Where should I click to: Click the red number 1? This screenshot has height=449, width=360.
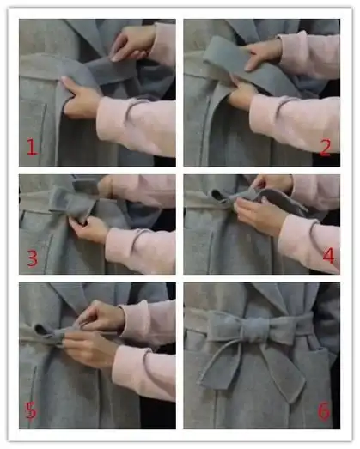pos(32,147)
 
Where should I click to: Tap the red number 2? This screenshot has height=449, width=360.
pos(325,148)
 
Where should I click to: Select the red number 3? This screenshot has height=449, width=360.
pos(33,258)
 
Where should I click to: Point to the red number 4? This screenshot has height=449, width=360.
pos(328,256)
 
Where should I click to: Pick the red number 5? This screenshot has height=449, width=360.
pos(31,410)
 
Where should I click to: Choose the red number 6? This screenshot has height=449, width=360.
pos(324,411)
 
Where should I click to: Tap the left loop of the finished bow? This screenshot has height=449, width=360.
pos(225,326)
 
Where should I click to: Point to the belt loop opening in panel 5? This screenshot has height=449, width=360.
pos(41,330)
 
